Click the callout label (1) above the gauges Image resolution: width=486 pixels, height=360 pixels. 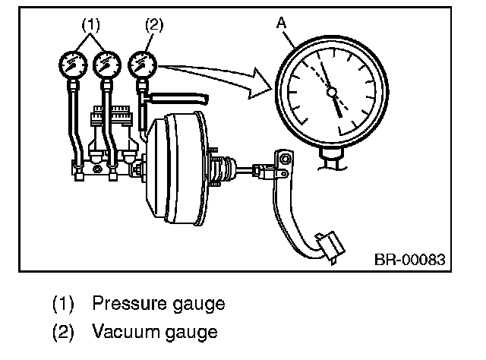click(90, 23)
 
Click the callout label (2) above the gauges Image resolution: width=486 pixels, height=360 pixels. click(154, 23)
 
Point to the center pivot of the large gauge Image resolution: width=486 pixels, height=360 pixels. click(331, 93)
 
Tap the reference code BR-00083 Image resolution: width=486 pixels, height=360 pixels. click(409, 260)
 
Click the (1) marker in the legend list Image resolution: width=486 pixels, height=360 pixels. click(65, 304)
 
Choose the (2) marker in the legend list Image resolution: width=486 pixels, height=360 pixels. click(65, 332)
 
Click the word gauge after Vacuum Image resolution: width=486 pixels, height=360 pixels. click(193, 333)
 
